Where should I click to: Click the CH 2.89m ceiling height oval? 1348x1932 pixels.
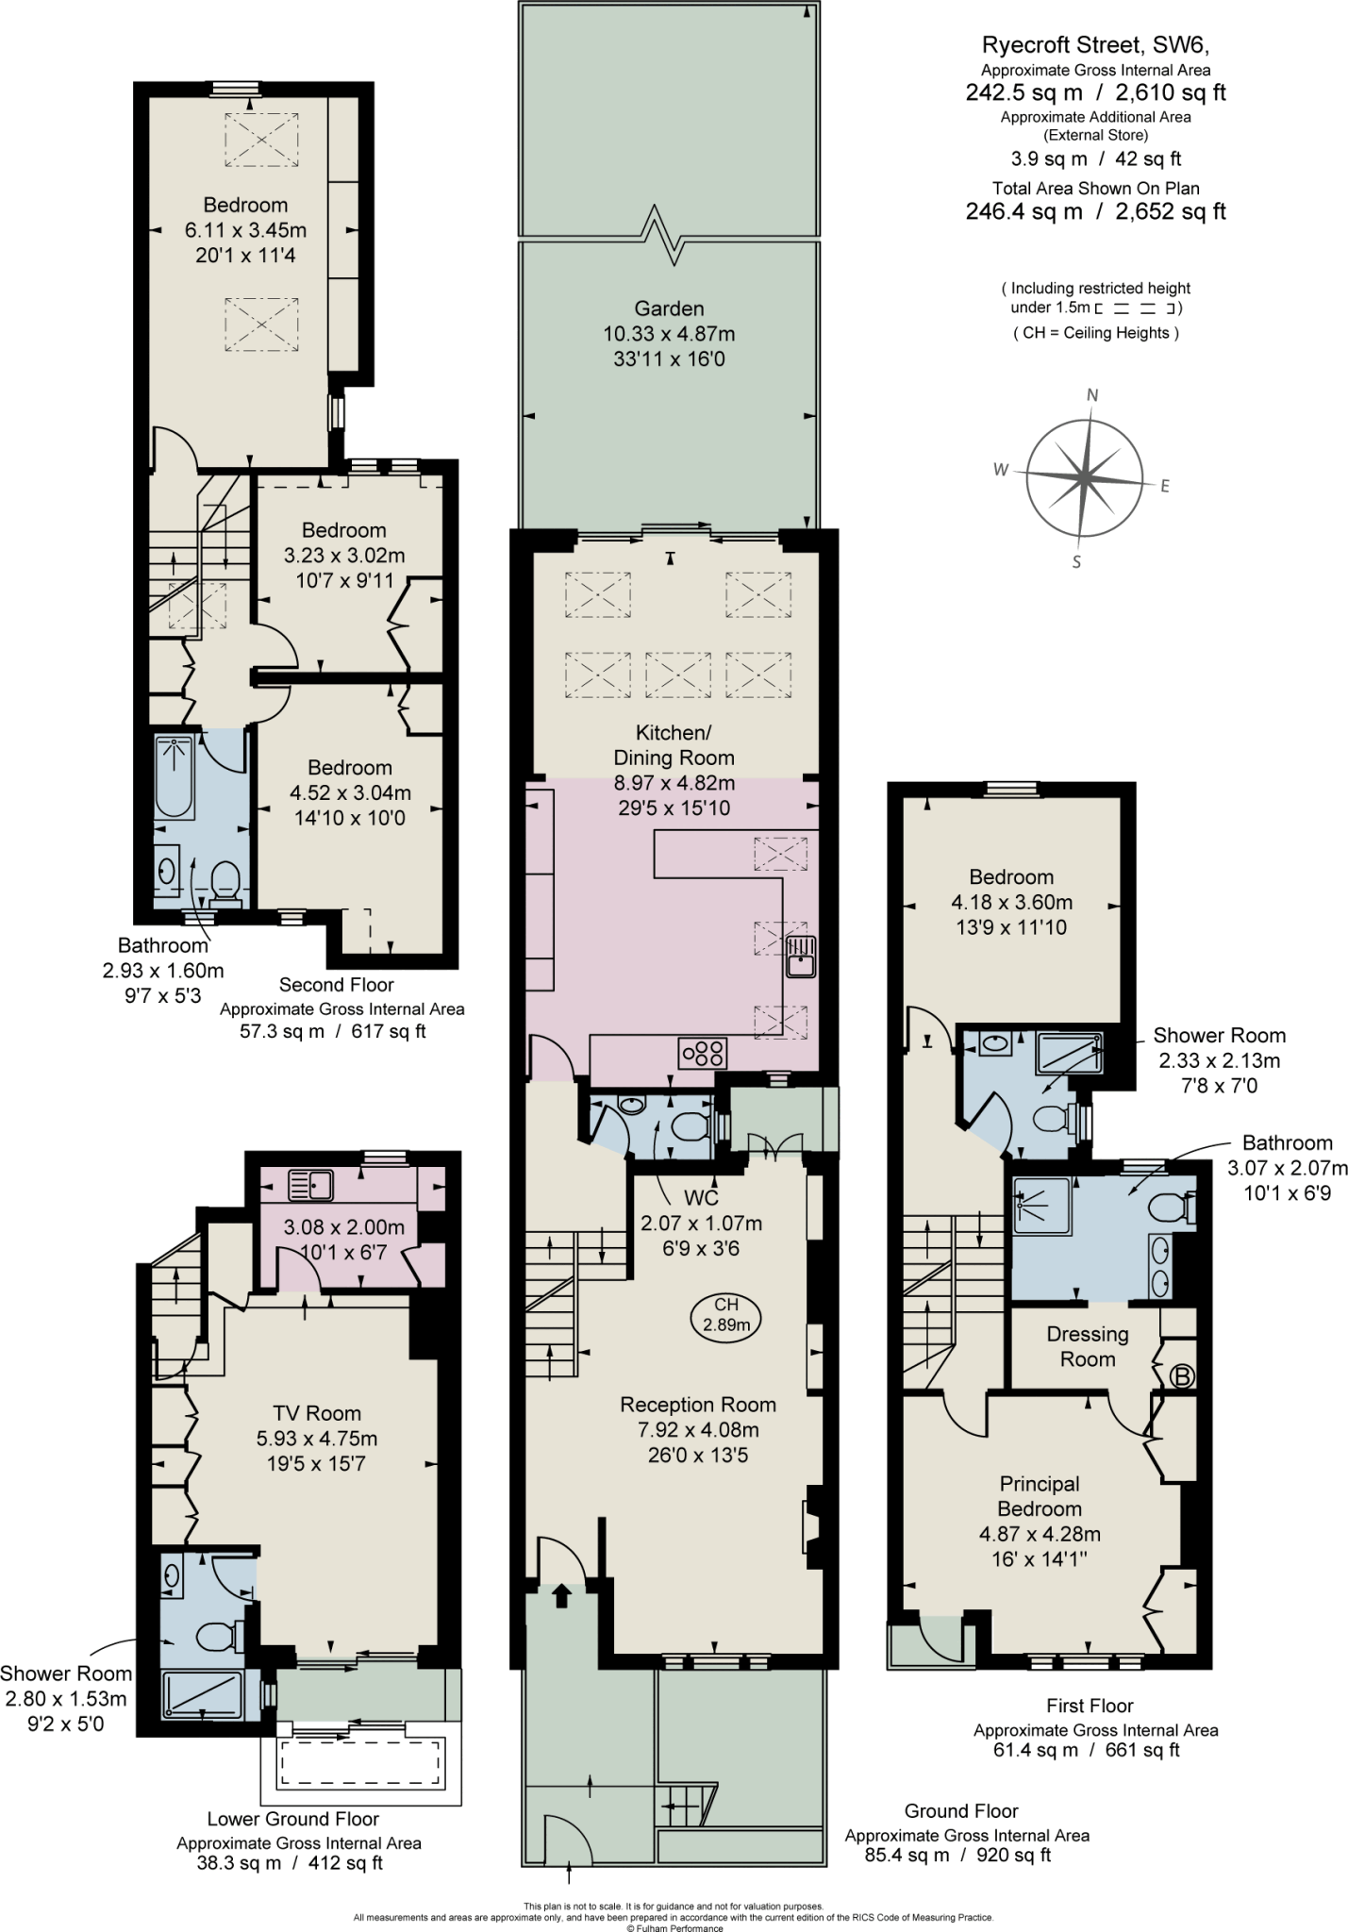(725, 1315)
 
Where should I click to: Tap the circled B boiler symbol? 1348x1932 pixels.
(1181, 1375)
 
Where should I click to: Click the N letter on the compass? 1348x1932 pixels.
(1092, 395)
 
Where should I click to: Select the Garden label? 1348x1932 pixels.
(669, 308)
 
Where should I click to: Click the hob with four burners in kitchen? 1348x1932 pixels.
(703, 1053)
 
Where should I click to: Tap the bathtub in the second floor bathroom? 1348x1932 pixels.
(175, 776)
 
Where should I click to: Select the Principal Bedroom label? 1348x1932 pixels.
(1040, 1496)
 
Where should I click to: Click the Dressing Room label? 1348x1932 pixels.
(1088, 1346)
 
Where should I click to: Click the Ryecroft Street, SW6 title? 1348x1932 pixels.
(1095, 44)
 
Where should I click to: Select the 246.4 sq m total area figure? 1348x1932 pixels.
(1023, 211)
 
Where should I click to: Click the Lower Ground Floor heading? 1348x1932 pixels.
(293, 1819)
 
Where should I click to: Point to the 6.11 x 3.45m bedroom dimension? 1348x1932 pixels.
(245, 230)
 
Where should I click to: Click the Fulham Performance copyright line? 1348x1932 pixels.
(674, 1927)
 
